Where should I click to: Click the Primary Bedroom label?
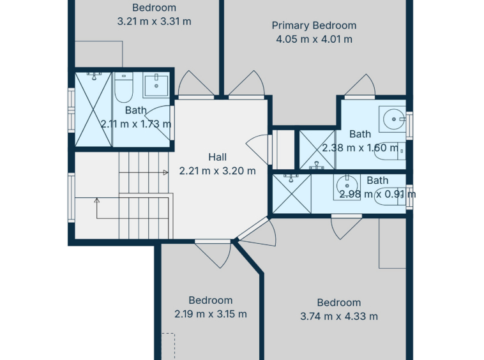(314, 26)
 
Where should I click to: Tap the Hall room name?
(217, 157)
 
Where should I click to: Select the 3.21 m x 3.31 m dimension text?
(154, 21)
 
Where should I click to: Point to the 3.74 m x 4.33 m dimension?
(339, 316)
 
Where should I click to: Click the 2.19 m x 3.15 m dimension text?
(211, 314)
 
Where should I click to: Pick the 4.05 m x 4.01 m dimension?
(314, 39)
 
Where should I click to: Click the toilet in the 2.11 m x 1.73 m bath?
(123, 87)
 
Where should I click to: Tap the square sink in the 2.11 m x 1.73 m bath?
(156, 85)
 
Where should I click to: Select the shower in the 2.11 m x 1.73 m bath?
(93, 109)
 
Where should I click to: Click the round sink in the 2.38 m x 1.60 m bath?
(392, 119)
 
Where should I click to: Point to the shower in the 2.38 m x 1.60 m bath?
(317, 149)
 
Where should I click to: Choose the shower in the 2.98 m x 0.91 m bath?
(292, 194)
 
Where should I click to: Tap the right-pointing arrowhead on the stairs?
(166, 172)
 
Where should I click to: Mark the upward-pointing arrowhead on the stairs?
(97, 200)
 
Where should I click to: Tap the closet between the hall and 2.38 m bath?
(284, 149)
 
